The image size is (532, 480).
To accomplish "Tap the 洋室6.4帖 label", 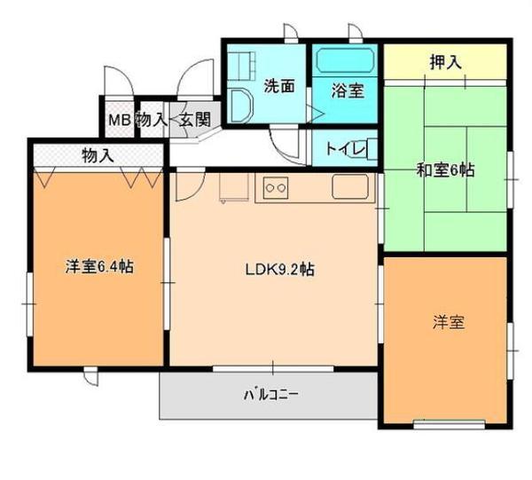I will (x=99, y=265).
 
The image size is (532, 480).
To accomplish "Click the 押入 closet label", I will (x=446, y=63).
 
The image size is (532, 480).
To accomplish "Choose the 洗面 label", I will (x=278, y=86).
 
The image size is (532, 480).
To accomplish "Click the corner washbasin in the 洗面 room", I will (x=240, y=104).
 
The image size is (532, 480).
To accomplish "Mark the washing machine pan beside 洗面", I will (x=242, y=63).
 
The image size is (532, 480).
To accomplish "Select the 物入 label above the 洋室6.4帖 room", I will (x=98, y=155).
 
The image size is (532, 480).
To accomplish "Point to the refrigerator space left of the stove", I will (x=233, y=187).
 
